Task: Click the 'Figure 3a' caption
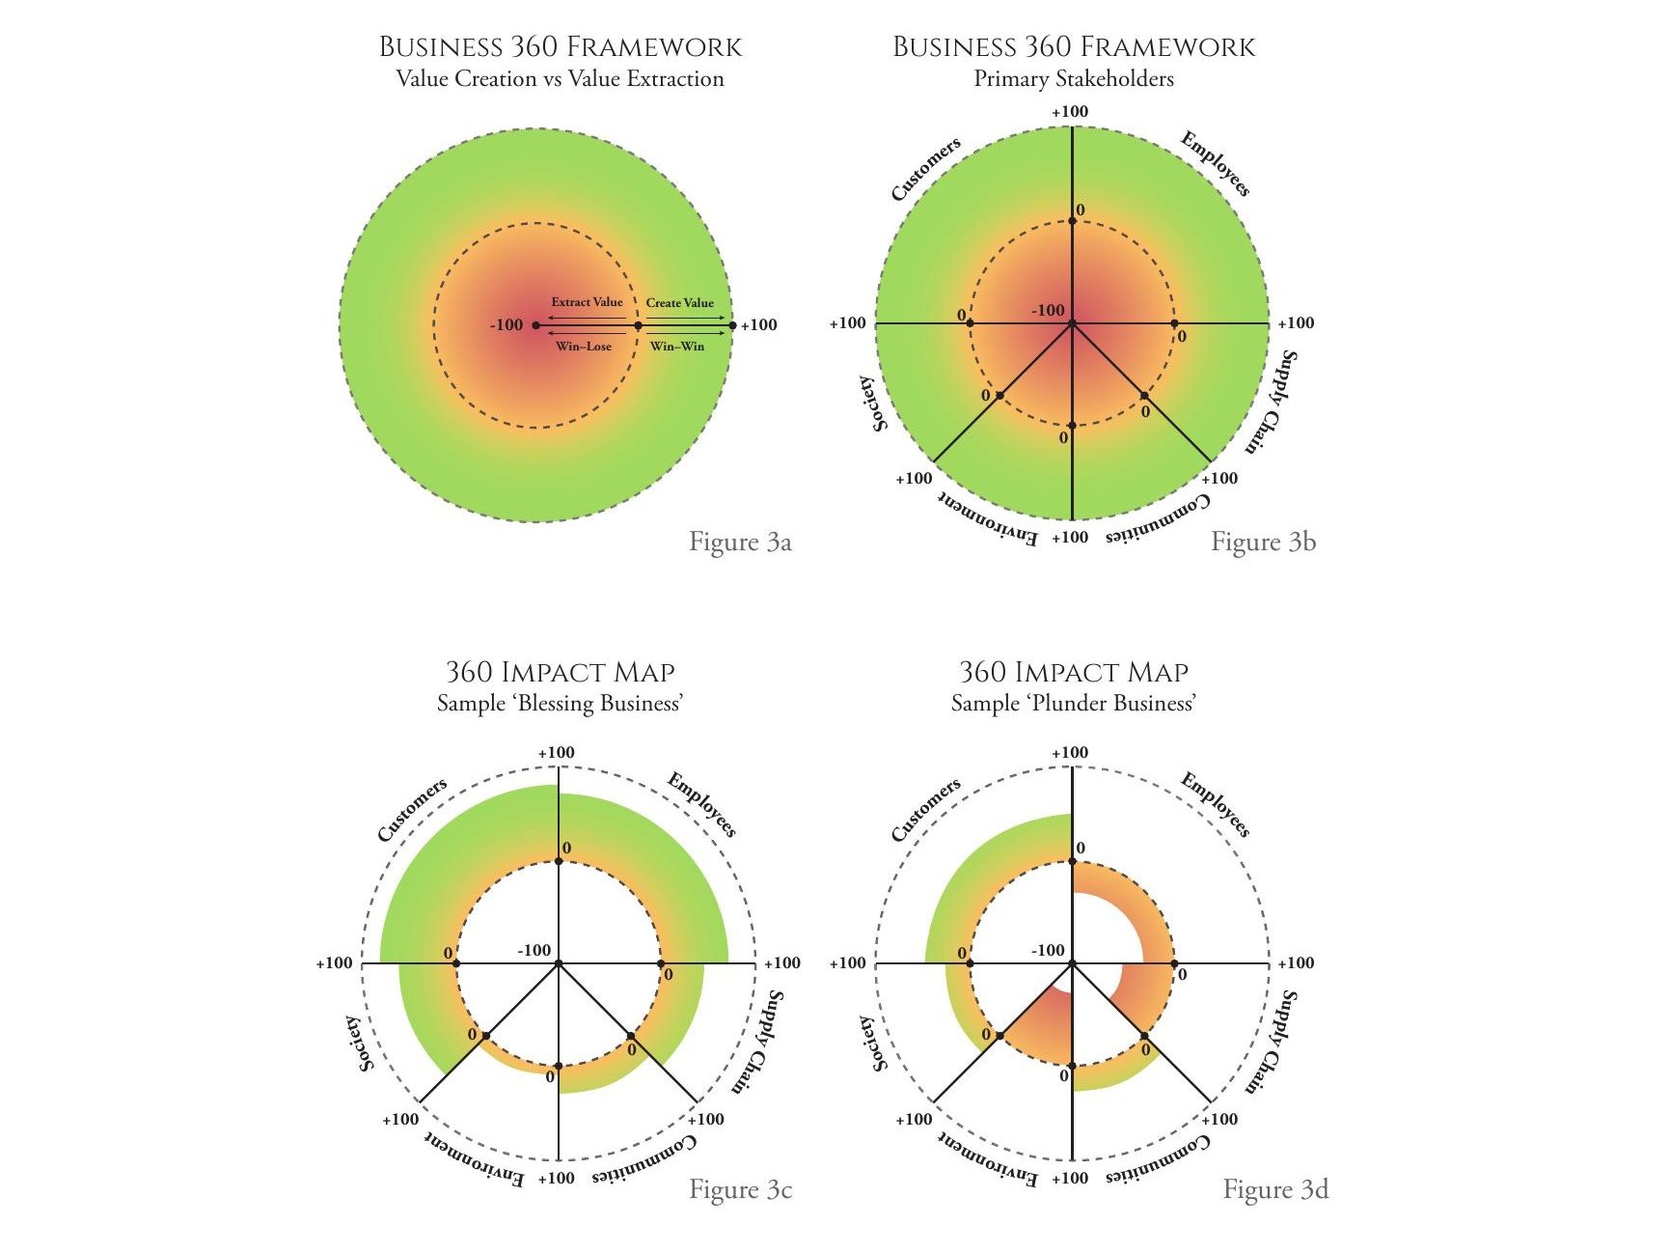click(740, 543)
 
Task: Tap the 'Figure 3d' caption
click(1275, 1189)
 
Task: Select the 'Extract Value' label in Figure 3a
click(587, 302)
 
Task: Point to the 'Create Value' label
click(680, 303)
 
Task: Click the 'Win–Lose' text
click(584, 347)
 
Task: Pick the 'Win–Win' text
click(677, 347)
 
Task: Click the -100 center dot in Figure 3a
click(536, 325)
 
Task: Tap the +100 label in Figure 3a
click(759, 325)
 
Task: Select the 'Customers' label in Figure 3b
click(926, 169)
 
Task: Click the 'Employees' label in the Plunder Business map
click(1216, 805)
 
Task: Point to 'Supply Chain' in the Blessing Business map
click(756, 1041)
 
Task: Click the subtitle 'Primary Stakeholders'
click(1074, 79)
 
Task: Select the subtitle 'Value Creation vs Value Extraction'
click(560, 79)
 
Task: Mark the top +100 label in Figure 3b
click(1070, 112)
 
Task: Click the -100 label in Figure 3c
click(534, 951)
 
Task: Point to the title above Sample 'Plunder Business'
click(1074, 672)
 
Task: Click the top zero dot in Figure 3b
click(1073, 222)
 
